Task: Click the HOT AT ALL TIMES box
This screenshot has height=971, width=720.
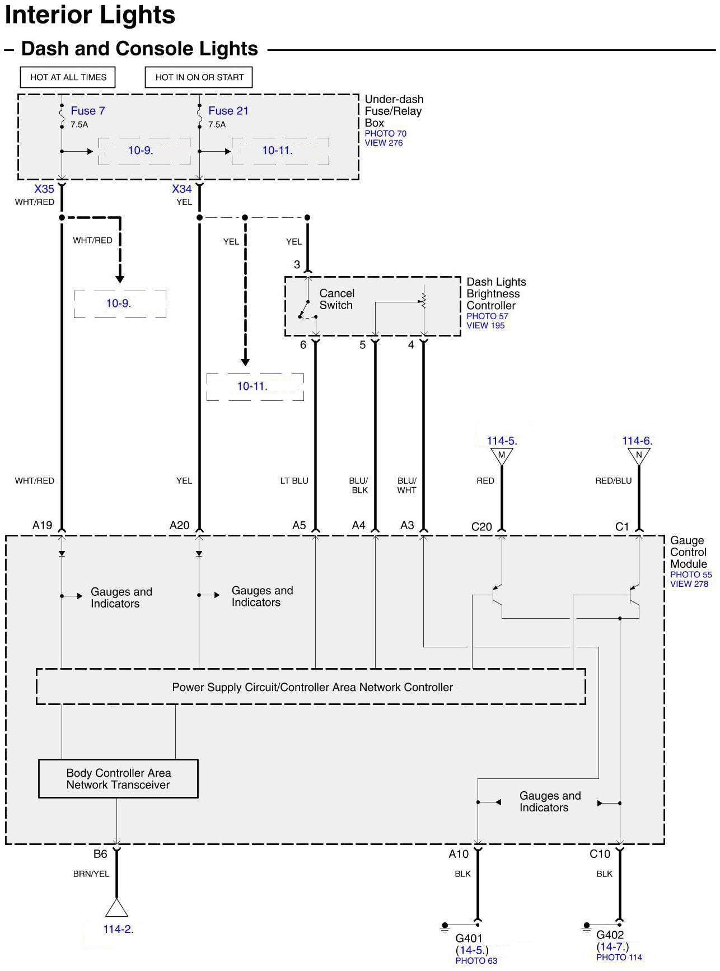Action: [x=68, y=77]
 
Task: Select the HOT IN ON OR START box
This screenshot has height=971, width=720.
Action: [x=199, y=77]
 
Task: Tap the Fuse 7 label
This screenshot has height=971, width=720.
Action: [x=87, y=111]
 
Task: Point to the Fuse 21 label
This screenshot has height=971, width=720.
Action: [x=228, y=111]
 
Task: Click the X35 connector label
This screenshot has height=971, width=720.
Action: [x=44, y=189]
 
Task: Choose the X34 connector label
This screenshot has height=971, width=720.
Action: [x=182, y=189]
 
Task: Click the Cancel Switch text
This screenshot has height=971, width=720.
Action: [x=336, y=300]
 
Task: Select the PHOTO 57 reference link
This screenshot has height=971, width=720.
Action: [x=487, y=316]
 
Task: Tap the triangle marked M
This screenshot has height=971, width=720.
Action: [x=502, y=455]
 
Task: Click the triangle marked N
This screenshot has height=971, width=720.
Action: [x=639, y=455]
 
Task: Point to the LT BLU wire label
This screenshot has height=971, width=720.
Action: [x=294, y=480]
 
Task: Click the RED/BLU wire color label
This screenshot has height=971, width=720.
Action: [x=613, y=480]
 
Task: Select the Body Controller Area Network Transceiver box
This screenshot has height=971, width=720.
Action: [x=118, y=778]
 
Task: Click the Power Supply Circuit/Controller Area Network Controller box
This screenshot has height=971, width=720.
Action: [x=311, y=687]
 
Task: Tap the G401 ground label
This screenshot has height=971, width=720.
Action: [x=469, y=938]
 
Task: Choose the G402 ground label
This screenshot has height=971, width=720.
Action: [x=610, y=935]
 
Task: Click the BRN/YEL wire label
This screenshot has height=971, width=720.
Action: [x=91, y=874]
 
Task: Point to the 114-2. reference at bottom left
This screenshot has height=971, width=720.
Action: [x=118, y=929]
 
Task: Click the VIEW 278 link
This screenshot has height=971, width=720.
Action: [x=689, y=584]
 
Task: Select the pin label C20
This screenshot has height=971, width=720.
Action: [x=481, y=526]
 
